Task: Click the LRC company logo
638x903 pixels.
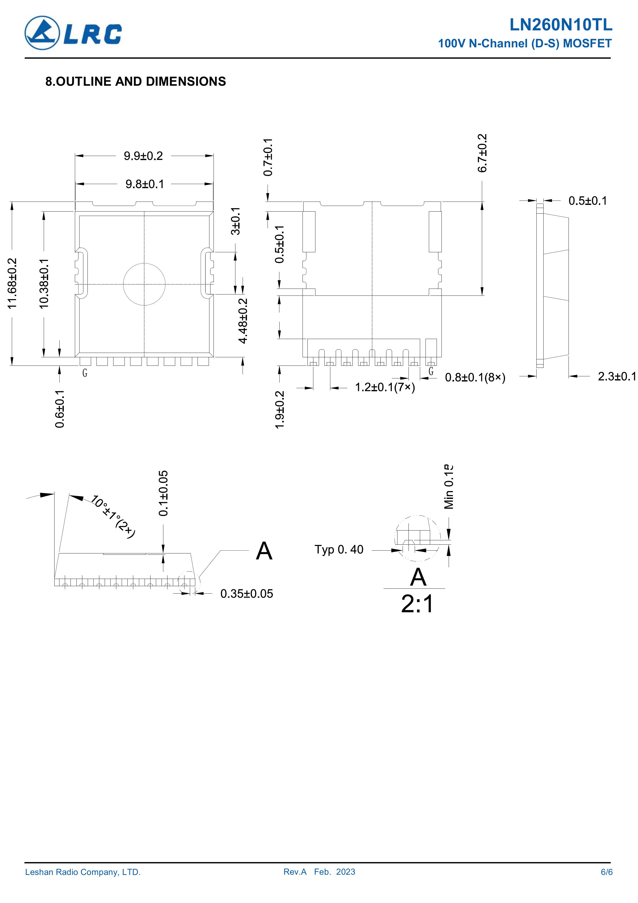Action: click(73, 33)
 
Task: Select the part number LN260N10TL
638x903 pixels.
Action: click(561, 25)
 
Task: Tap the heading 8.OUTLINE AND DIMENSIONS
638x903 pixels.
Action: click(136, 81)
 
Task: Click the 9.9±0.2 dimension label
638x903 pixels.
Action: click(144, 156)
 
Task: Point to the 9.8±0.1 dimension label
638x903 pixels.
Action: click(145, 184)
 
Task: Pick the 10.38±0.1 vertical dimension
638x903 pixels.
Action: click(44, 283)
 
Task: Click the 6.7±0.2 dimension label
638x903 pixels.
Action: click(482, 153)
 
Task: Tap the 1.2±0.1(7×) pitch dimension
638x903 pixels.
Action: click(385, 388)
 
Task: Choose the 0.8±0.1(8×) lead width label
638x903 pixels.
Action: click(475, 378)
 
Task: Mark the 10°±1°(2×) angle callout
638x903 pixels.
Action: click(113, 516)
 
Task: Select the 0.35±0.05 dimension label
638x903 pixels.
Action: click(246, 594)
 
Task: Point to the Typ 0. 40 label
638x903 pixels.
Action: click(339, 549)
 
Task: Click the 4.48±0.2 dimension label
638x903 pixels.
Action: click(243, 320)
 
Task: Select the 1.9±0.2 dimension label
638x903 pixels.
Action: click(279, 410)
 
